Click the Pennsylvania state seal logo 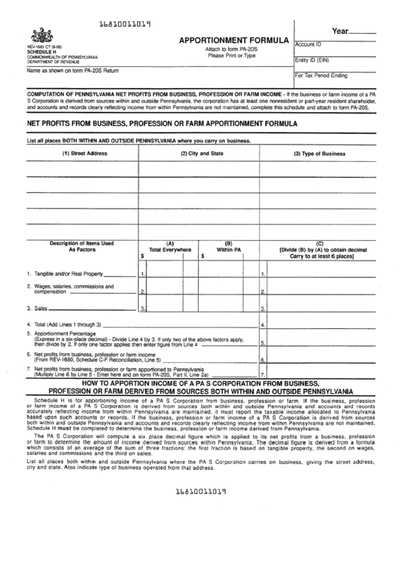38,35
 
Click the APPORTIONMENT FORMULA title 233,39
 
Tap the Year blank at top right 364,32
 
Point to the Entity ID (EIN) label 312,60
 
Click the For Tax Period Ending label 321,75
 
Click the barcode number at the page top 126,24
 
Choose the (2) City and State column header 201,153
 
